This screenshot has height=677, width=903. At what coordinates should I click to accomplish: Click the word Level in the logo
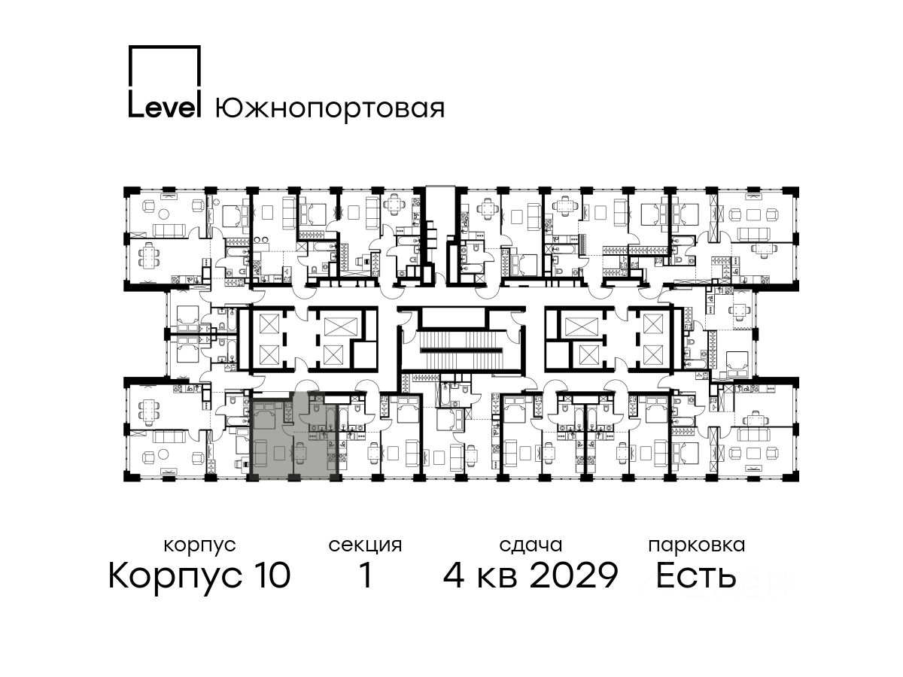164,108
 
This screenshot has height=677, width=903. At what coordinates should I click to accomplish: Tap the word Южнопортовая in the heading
330,109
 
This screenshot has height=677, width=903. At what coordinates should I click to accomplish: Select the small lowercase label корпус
199,546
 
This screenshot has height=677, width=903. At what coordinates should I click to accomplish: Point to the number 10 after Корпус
270,575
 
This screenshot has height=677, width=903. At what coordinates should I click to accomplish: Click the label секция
365,546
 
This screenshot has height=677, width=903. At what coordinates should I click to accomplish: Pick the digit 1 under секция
365,575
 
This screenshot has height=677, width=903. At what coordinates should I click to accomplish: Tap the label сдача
531,546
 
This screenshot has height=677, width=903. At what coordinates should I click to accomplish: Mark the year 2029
574,575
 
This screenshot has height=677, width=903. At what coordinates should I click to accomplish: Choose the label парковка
697,545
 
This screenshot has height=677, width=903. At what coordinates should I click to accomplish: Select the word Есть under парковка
695,575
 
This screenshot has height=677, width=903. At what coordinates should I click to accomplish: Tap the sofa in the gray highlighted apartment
260,453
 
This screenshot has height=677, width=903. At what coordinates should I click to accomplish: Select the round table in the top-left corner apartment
165,214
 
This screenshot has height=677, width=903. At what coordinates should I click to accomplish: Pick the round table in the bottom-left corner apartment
164,454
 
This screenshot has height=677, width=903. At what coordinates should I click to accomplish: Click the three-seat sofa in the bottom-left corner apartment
169,436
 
